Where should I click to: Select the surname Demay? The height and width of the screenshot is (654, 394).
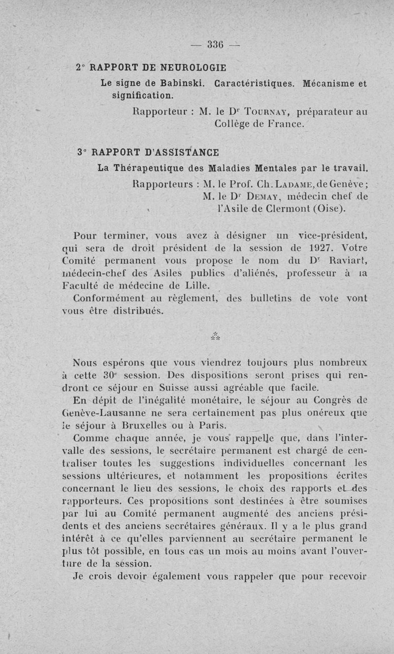click(x=268, y=197)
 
